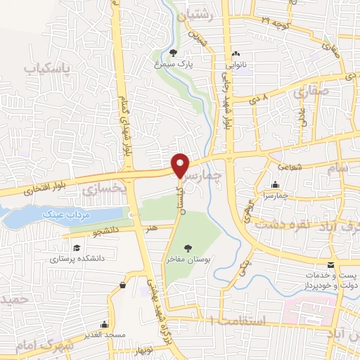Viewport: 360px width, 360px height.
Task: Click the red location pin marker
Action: coord(181,165)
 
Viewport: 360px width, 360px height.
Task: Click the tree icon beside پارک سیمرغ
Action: coord(174,53)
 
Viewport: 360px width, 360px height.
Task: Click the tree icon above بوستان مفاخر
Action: coord(188,247)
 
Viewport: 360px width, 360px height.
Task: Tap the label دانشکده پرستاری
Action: coord(77,259)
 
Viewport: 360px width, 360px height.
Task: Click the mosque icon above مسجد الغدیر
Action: coord(105,324)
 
